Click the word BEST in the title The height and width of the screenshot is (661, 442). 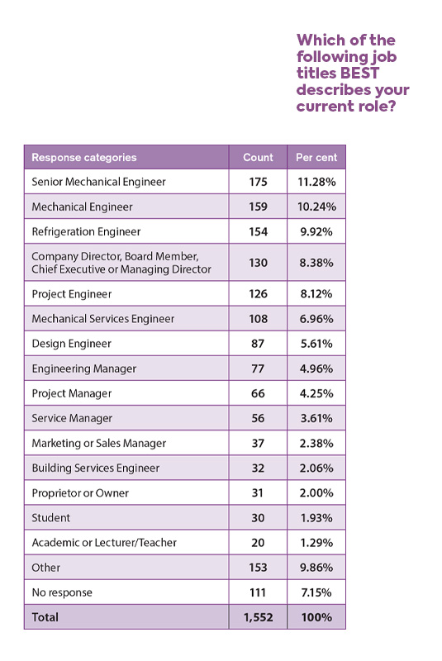coord(359,73)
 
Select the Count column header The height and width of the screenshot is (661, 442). coord(258,157)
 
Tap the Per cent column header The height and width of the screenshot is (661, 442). coord(316,157)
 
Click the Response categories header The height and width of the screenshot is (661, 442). coord(84,157)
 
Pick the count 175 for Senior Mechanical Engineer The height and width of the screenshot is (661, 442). coord(258,182)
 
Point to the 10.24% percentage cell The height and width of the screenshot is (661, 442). coord(316,207)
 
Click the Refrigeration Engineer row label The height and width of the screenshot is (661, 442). coord(86,231)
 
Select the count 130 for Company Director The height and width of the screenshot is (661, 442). coord(258,263)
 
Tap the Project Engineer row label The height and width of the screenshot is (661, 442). coord(72,294)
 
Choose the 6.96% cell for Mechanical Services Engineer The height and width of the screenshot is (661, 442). coord(316,319)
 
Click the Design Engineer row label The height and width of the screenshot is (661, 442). coord(72,344)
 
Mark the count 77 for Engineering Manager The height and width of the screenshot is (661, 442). coord(258,369)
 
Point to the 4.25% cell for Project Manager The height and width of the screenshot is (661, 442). coord(316,393)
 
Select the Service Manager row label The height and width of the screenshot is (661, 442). coord(72,418)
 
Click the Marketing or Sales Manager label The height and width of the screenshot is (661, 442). coord(99,443)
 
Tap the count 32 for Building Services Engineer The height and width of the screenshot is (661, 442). coord(258,468)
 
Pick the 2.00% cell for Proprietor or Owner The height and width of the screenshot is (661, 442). coord(316,492)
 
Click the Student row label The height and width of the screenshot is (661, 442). coord(51,518)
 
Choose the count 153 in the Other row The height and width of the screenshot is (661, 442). coord(258,568)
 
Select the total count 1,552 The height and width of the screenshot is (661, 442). coord(258,617)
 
